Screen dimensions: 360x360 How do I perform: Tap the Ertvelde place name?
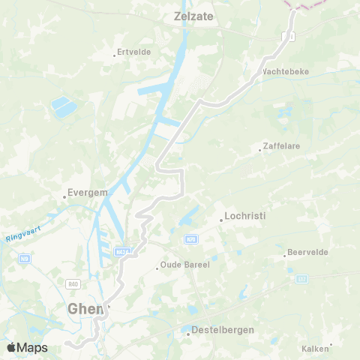134,53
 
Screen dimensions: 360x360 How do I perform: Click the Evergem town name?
87,193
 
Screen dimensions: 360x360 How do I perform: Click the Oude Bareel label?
184,265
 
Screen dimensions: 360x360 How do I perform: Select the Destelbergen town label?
223,329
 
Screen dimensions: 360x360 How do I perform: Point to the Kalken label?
315,349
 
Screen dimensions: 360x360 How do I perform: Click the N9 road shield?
25,258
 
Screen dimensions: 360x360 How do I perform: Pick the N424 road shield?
123,252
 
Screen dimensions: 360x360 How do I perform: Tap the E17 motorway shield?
301,278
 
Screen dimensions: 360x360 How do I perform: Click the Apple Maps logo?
27,347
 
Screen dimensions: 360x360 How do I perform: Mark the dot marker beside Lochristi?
221,220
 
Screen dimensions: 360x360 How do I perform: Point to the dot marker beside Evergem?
64,197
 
